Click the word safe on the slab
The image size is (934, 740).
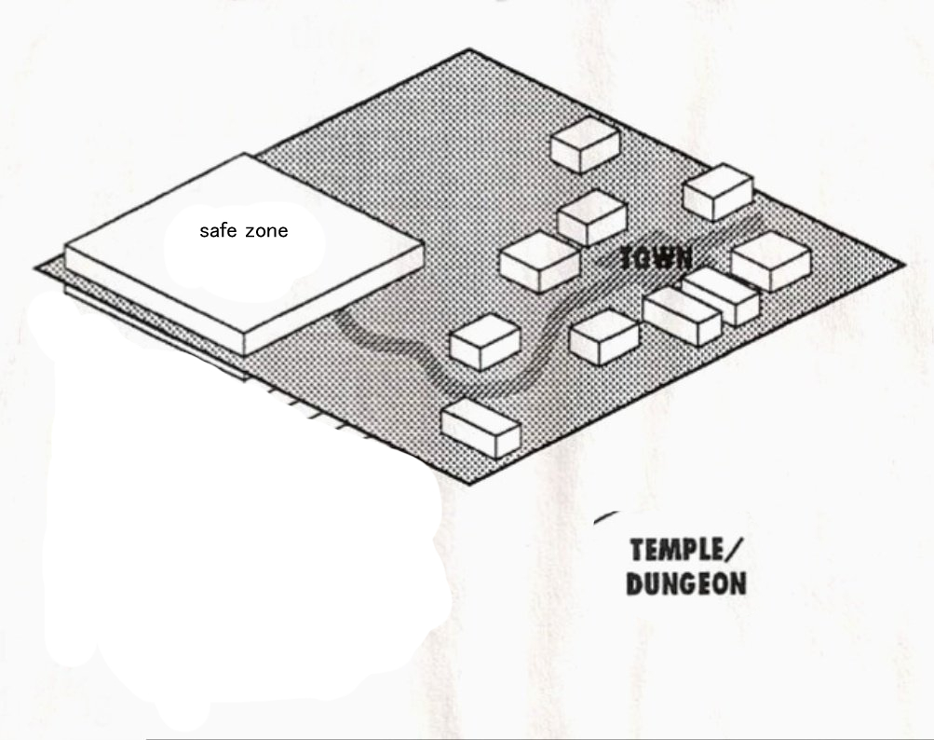coord(218,231)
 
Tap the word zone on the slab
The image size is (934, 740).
coord(267,231)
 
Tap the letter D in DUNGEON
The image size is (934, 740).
coord(634,584)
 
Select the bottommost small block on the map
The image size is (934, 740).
coord(481,427)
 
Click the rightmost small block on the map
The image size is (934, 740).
coord(771,261)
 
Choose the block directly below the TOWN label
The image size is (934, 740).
coord(603,336)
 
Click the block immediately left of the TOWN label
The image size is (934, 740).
coord(540,261)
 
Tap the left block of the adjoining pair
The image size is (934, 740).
coord(682,315)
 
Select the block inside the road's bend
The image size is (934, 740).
coord(483,340)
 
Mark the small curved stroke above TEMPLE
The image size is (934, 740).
coord(606,514)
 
